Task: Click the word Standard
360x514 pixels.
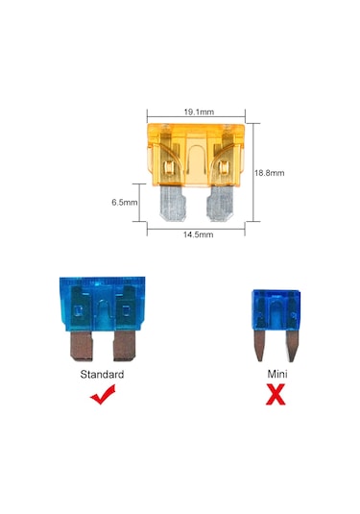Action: pos(103,373)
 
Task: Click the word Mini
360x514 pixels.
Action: pos(277,373)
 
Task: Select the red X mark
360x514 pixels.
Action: pos(276,394)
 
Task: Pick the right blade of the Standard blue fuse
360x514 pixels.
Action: pos(127,345)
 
